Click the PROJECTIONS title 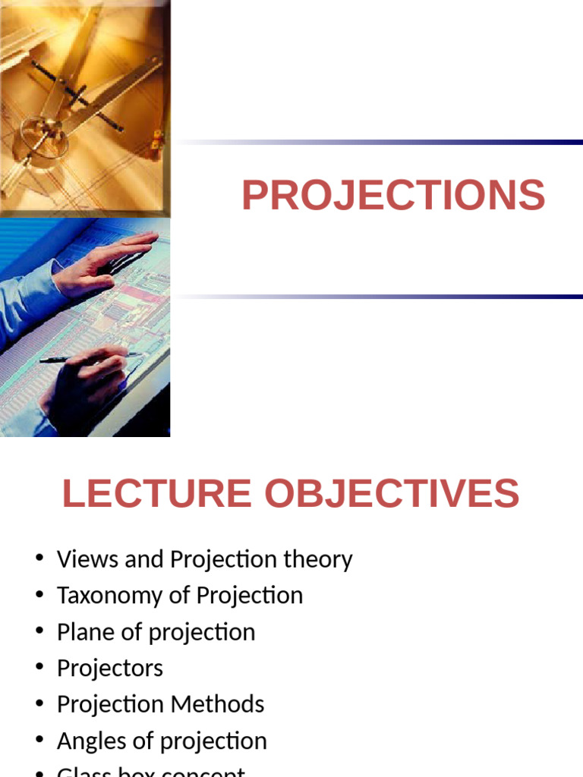[x=393, y=196]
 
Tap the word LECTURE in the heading [x=156, y=494]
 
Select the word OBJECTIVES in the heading [x=392, y=494]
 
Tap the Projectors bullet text [x=109, y=668]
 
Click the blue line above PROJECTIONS [x=380, y=142]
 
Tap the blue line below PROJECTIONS [x=380, y=296]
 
